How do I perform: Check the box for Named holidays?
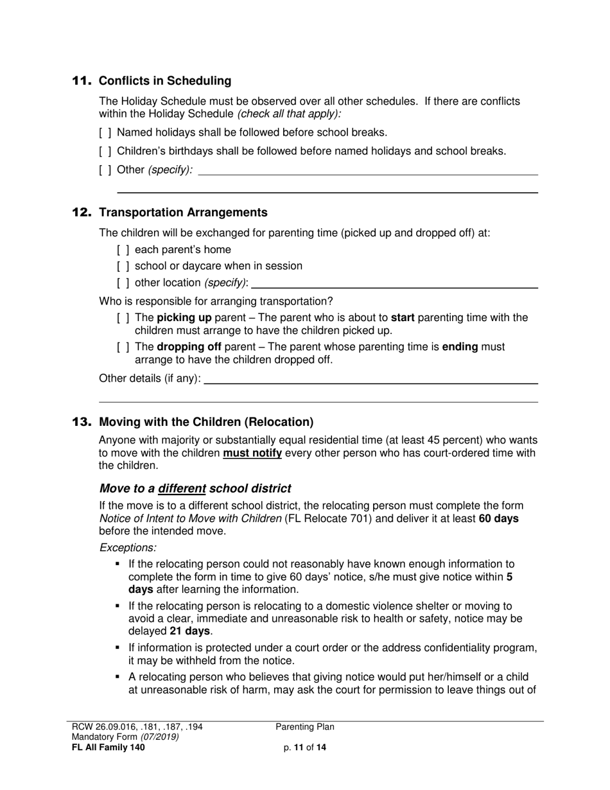[105, 133]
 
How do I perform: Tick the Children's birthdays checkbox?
[105, 152]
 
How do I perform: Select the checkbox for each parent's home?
[123, 250]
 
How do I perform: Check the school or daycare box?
[123, 266]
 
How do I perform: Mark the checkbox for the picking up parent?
[123, 318]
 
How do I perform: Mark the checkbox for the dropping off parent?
[123, 347]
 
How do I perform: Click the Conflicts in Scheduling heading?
[165, 81]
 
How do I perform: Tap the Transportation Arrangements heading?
[183, 213]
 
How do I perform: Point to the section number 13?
[82, 422]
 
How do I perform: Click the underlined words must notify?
[252, 453]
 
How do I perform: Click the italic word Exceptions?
[128, 548]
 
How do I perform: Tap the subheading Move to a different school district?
[195, 488]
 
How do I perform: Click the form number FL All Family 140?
[109, 747]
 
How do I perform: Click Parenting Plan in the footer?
[305, 727]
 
